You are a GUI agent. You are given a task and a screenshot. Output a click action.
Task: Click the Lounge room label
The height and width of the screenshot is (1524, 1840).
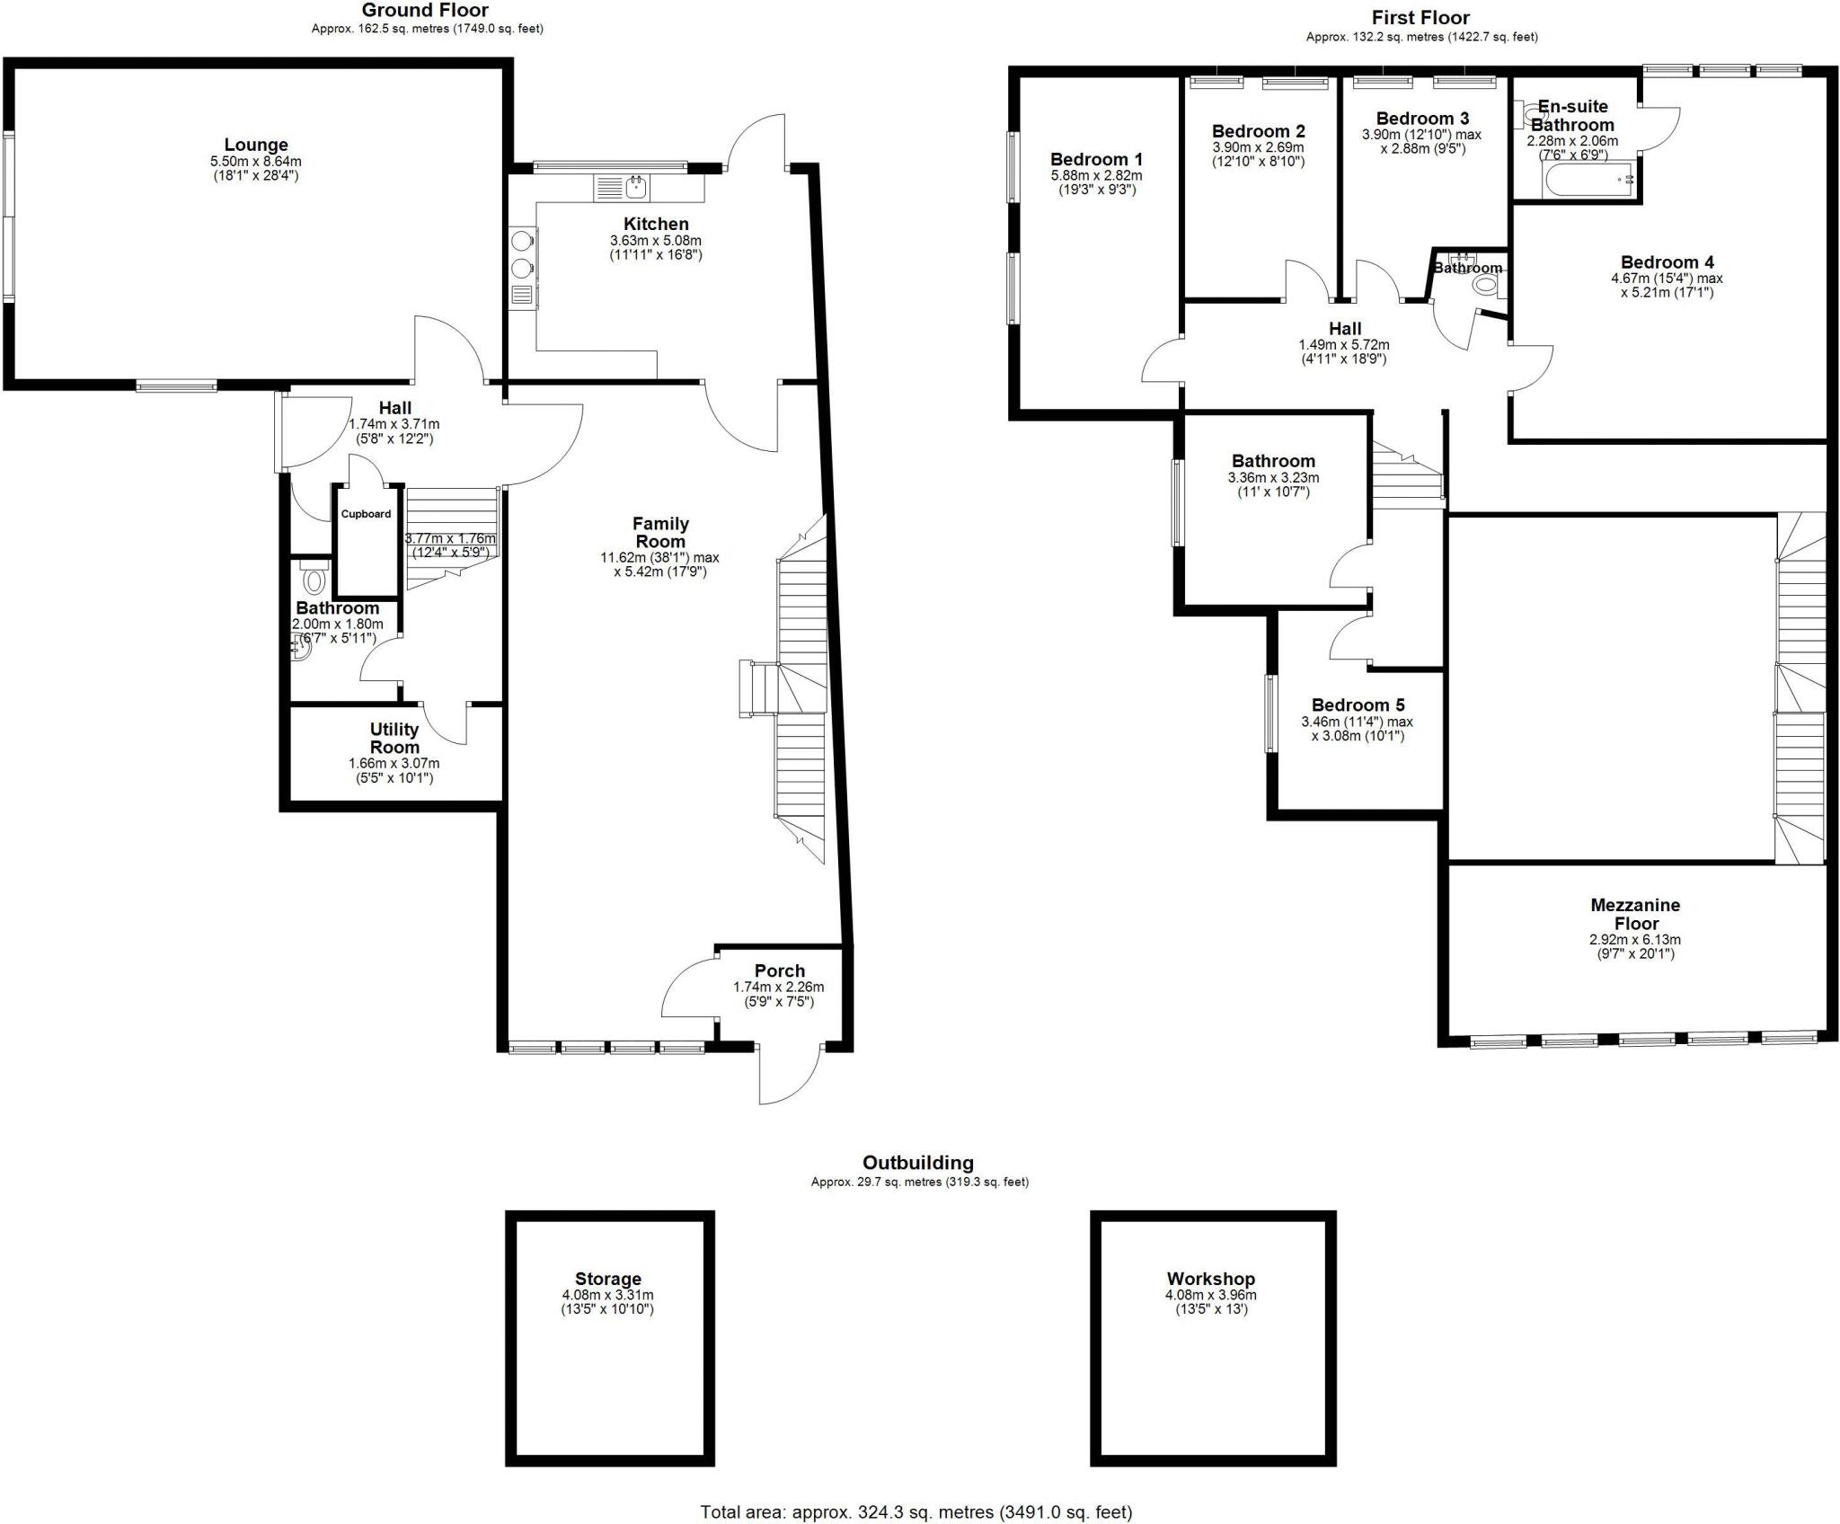[x=256, y=145]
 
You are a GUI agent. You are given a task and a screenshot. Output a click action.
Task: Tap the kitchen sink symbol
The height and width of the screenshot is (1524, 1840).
[x=636, y=188]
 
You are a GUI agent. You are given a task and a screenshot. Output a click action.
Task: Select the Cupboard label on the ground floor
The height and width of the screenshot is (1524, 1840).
[x=366, y=514]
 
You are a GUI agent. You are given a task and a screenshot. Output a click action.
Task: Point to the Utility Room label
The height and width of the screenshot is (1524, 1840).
[x=394, y=738]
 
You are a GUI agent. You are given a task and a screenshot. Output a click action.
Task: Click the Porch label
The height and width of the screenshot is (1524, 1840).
[x=779, y=970]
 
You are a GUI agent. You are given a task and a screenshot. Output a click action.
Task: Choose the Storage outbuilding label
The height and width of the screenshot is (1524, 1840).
[x=608, y=1279]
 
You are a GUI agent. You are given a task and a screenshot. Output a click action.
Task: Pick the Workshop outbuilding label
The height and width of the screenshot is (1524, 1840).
[x=1210, y=1279]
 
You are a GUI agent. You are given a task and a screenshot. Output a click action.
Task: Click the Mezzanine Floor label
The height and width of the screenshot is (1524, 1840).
[x=1635, y=914]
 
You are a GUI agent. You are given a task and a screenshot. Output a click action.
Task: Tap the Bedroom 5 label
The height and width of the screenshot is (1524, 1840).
[x=1358, y=705]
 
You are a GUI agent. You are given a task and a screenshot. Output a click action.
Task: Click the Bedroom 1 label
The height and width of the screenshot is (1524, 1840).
[x=1096, y=160]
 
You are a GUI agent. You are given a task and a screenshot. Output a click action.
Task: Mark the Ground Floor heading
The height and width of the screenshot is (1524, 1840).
[x=425, y=11]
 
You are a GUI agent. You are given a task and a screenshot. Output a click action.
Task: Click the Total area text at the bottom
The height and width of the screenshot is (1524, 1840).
[x=916, y=1512]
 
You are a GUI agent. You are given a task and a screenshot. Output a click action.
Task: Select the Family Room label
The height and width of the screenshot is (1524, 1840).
[x=660, y=532]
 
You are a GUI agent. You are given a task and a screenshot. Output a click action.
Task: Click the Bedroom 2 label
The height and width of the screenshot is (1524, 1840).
[x=1258, y=131]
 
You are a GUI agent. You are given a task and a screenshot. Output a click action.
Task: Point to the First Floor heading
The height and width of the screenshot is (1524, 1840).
[x=1420, y=18]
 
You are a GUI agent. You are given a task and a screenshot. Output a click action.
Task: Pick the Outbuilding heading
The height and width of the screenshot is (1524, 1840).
[x=917, y=1163]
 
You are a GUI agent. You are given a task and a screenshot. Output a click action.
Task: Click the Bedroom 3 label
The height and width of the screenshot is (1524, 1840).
[x=1422, y=119]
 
